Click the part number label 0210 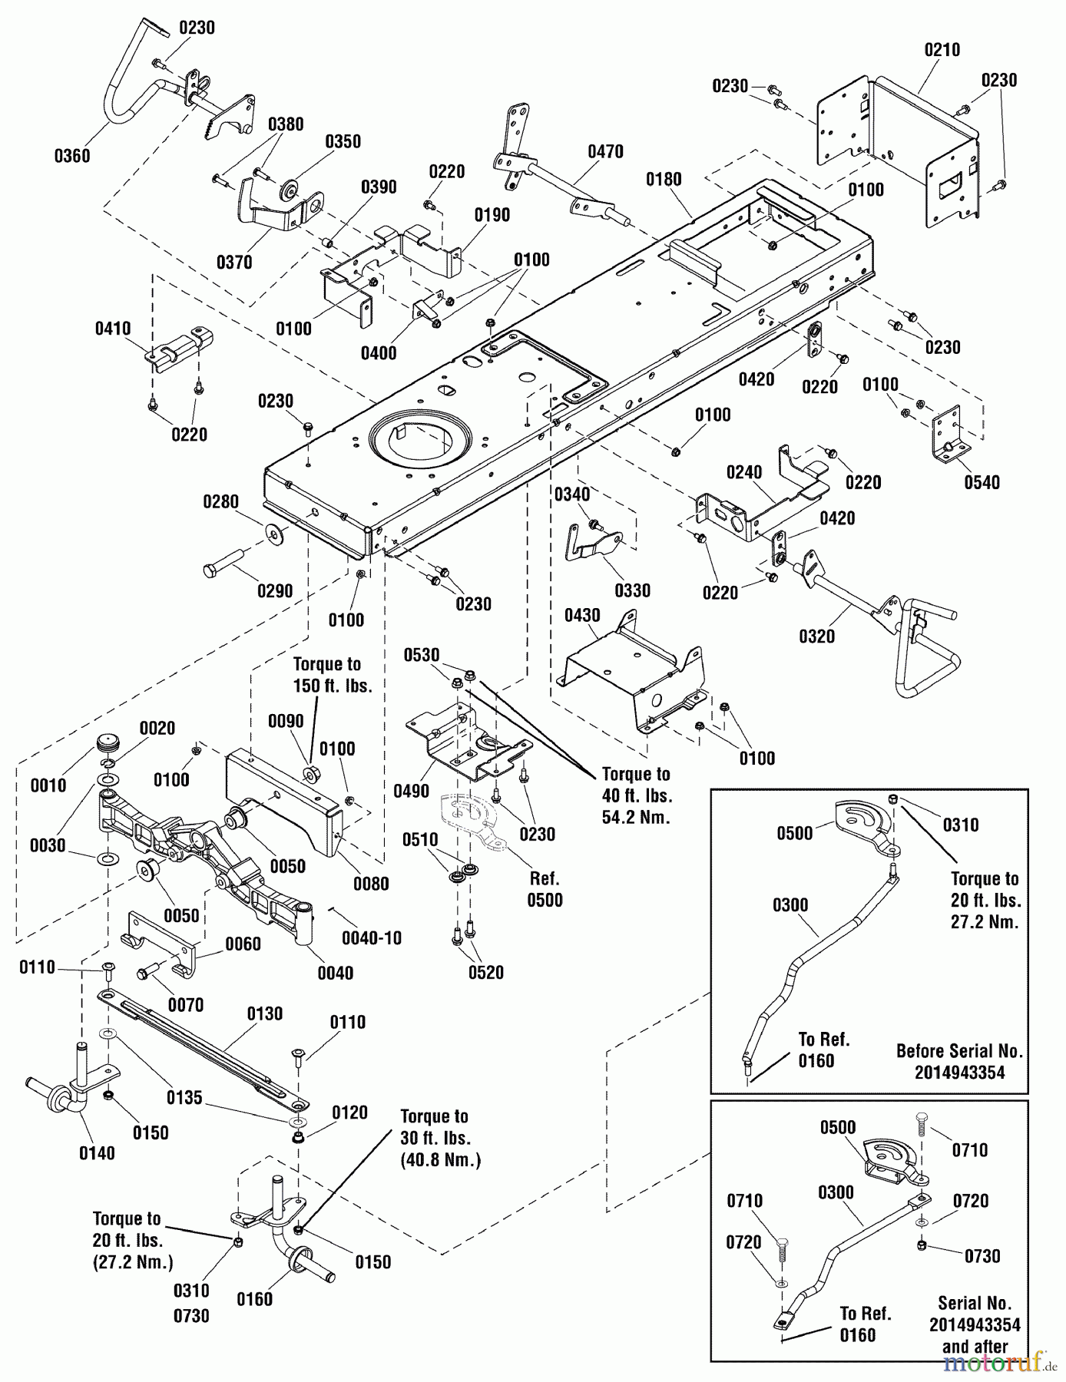coord(942,50)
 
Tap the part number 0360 coord(71,156)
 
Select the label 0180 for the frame coord(664,180)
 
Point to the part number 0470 coord(605,151)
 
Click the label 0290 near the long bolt coord(275,591)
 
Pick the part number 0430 coord(582,616)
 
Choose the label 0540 coord(982,482)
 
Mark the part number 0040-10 coord(372,938)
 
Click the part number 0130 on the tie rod coord(265,1013)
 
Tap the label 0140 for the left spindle coord(96,1152)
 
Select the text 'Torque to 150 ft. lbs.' coord(333,675)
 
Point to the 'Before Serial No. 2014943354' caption coord(959,1062)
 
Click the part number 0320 coord(816,636)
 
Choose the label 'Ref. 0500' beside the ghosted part coord(545,889)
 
